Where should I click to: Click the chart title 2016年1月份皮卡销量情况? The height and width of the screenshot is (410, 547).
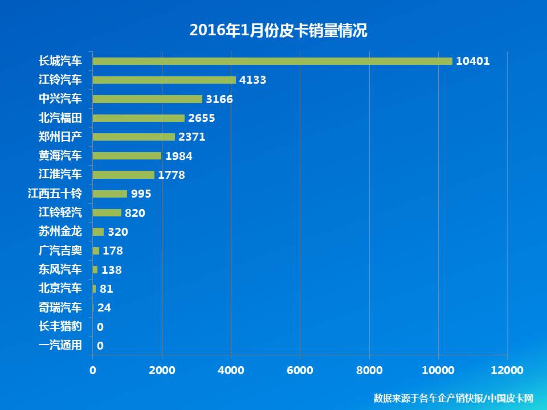point(278,31)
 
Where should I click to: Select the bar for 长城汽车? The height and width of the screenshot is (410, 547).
point(272,61)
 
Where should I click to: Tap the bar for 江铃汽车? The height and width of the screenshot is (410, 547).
point(164,80)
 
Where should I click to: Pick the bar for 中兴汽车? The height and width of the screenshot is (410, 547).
point(148,99)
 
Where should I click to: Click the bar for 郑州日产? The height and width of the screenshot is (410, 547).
point(134,137)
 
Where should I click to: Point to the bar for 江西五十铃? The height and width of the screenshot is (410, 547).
point(110,194)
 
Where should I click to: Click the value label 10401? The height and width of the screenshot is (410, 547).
point(472,61)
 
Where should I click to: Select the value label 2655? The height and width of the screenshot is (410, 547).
point(202,118)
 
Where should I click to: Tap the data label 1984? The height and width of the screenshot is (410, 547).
point(179,156)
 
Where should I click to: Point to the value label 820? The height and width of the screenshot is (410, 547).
point(135,213)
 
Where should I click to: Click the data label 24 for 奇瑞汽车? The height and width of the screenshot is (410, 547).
point(104,307)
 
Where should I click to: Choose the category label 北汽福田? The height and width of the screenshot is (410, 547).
point(60,118)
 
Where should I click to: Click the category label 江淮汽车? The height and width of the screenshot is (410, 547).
point(60,174)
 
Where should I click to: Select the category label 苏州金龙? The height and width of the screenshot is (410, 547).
point(60,231)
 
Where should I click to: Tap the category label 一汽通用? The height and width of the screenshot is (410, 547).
point(60,345)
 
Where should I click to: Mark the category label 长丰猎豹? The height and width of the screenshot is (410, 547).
point(60,326)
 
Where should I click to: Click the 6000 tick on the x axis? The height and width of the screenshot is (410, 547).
point(300,371)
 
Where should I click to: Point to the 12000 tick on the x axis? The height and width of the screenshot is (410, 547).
point(507,371)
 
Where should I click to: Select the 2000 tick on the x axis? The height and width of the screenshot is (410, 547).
point(162,371)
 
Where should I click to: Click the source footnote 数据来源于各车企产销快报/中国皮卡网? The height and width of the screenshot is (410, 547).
point(453,397)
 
